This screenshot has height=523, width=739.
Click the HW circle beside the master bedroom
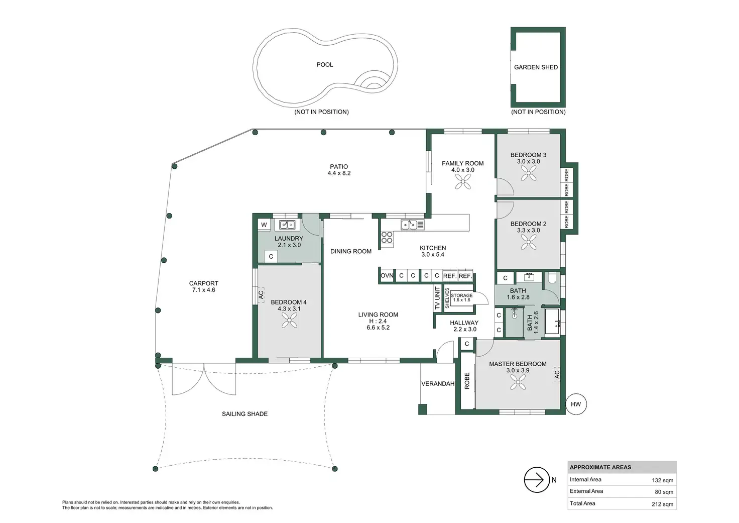(576, 404)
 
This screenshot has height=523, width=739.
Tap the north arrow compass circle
(537, 480)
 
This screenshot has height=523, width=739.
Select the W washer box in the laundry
(264, 225)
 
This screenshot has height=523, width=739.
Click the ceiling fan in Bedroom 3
(529, 173)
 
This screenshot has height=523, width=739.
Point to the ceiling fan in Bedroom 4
(289, 320)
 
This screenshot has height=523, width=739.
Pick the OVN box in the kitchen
(387, 276)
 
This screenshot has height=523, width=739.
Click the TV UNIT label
(437, 298)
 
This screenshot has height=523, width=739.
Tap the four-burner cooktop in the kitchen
(387, 238)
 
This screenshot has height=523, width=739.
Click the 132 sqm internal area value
(663, 480)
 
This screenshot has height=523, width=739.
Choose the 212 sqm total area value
(663, 504)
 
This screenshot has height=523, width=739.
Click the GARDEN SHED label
(536, 67)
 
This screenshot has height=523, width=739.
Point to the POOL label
(325, 65)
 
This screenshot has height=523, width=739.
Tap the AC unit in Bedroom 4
(261, 294)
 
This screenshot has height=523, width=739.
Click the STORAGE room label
(461, 295)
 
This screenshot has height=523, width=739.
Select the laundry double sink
(287, 225)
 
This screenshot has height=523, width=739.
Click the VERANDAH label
(438, 384)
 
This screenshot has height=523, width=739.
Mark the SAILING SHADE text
(244, 413)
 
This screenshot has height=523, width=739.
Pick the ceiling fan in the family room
(463, 181)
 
